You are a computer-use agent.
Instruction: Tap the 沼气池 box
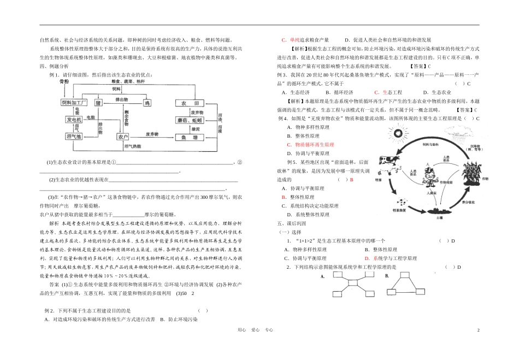74,136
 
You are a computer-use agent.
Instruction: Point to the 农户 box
123,136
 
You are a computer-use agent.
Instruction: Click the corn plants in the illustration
473,174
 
